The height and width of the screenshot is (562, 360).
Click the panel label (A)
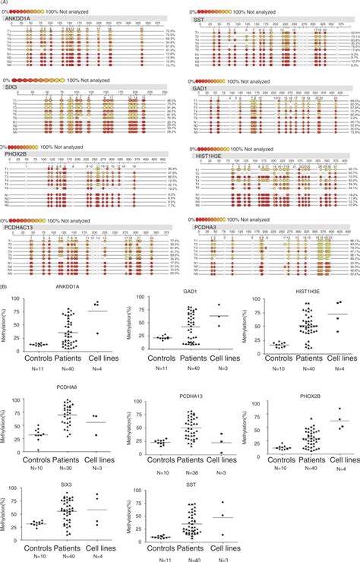pyautogui.click(x=5, y=3)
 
